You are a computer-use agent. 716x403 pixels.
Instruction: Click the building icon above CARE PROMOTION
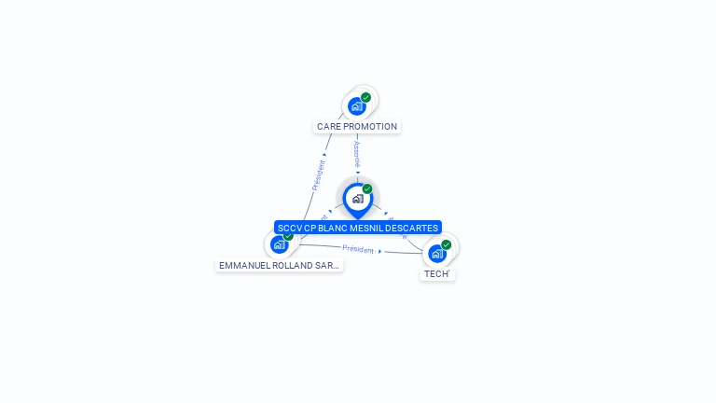pos(356,106)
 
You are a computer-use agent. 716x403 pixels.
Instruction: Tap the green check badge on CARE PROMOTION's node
pos(365,97)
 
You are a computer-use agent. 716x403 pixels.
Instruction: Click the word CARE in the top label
pos(328,127)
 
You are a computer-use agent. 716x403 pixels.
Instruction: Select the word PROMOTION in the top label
pos(370,127)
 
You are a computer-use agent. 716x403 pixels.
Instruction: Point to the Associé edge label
pos(356,154)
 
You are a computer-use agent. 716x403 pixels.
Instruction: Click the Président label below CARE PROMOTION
pos(318,174)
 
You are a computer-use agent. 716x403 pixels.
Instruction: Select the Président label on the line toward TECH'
pos(358,249)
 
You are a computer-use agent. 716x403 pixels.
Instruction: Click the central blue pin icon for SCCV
pos(357,199)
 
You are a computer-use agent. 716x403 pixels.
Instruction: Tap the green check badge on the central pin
pos(367,188)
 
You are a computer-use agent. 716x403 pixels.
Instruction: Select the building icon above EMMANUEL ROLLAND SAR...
pos(279,244)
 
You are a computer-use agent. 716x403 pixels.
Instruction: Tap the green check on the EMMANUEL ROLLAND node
pos(288,236)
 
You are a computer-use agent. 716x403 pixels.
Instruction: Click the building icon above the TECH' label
pos(436,253)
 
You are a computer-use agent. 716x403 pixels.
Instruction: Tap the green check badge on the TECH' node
pos(446,244)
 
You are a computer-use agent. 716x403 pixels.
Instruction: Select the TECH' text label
pos(436,274)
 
